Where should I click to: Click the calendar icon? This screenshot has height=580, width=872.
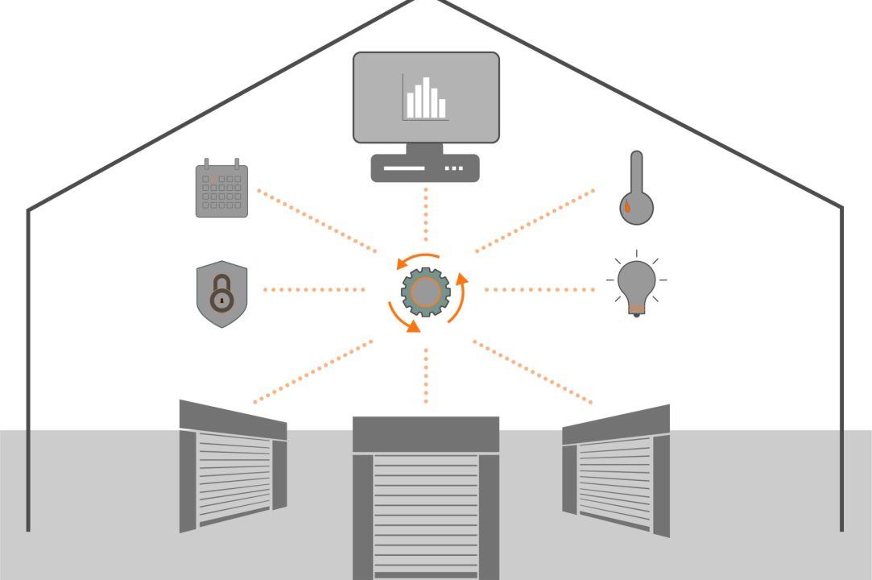(221, 190)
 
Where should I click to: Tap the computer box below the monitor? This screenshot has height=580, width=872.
(425, 168)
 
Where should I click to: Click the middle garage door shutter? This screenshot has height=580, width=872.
(426, 516)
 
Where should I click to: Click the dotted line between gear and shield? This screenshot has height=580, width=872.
(314, 289)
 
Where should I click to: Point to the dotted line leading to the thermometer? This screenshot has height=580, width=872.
(535, 221)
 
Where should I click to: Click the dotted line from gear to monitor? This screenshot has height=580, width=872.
(426, 217)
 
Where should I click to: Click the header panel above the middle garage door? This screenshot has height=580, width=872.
(426, 434)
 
